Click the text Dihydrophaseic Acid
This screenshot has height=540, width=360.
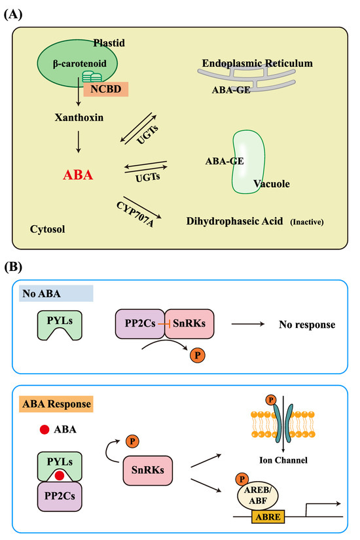(223, 221)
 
